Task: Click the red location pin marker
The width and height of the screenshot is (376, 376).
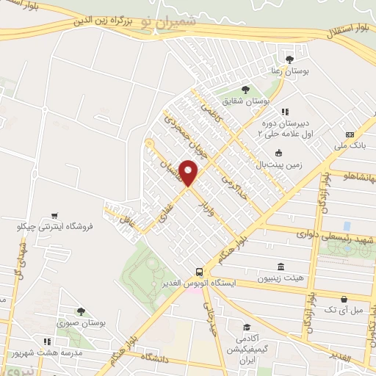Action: point(189,172)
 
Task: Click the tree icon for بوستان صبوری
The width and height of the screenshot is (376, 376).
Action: point(81,311)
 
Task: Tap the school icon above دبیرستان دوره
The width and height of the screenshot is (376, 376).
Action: point(284,111)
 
